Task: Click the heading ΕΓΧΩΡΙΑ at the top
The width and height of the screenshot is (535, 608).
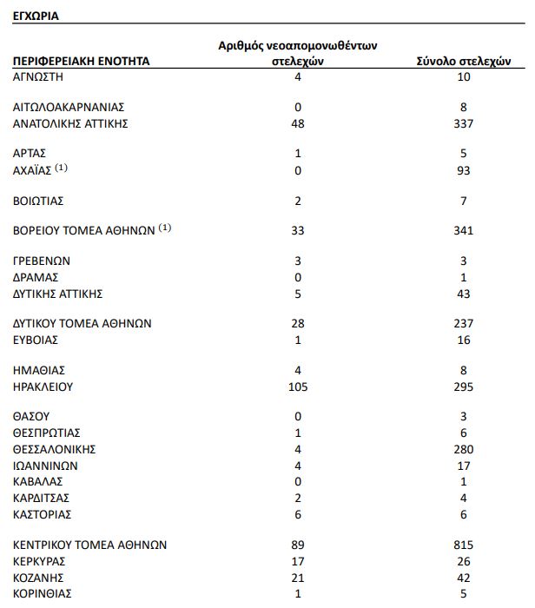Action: point(36,16)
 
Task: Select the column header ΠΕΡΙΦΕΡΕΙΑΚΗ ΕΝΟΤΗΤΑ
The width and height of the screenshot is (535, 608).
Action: point(81,62)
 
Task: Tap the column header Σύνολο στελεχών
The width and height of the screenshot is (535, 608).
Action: point(464,62)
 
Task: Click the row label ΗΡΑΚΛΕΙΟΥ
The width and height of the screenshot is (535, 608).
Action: point(43,387)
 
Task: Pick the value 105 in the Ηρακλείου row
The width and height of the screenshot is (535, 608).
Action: point(298,387)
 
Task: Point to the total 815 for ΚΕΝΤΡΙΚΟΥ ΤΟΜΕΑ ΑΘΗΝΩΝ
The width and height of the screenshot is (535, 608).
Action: point(464,545)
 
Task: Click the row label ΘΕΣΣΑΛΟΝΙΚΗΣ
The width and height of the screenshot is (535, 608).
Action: point(54,449)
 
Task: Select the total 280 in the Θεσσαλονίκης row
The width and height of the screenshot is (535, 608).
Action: point(464,449)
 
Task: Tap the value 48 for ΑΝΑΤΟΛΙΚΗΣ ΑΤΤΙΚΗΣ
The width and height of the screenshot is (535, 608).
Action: point(298,123)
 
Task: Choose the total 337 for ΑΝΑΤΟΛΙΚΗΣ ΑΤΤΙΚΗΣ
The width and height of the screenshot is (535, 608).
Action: point(464,123)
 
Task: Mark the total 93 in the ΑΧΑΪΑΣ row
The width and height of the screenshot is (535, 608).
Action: point(464,170)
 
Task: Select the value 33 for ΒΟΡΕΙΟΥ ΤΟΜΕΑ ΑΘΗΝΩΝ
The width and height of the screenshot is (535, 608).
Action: point(298,231)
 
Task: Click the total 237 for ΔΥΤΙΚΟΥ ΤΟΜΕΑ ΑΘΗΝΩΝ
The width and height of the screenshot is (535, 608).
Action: point(464,323)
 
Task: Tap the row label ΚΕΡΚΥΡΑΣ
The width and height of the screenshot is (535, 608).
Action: point(40,560)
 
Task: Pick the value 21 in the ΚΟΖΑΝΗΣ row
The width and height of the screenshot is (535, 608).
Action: point(298,577)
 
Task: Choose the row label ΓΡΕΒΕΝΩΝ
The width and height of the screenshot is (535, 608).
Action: point(42,260)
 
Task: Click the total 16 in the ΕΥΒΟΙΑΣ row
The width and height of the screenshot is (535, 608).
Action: point(464,340)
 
